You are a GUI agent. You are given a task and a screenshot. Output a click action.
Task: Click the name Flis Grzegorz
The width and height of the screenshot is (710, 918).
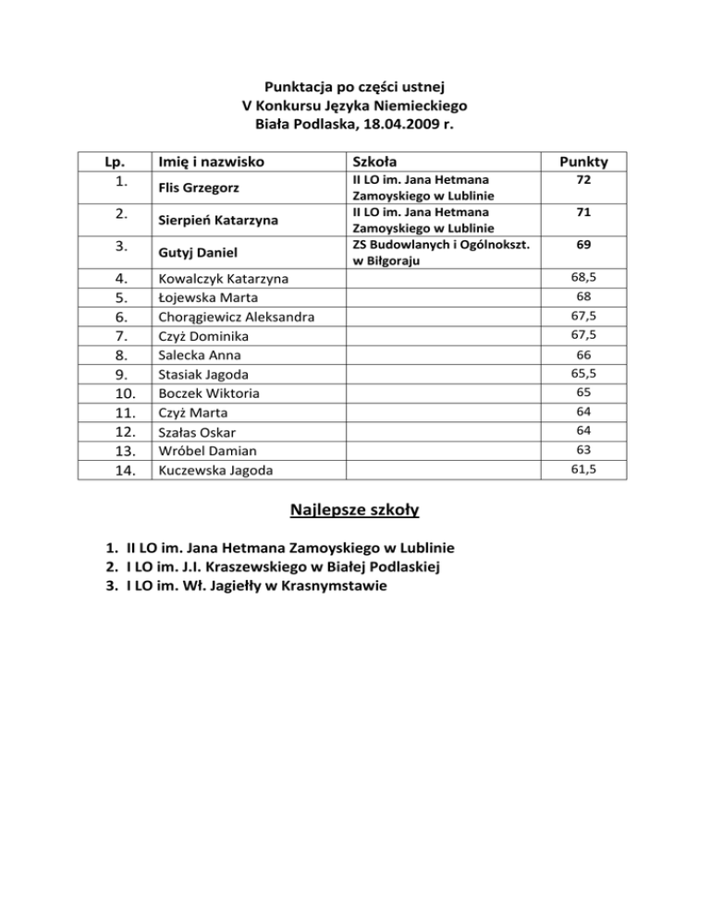click(197, 189)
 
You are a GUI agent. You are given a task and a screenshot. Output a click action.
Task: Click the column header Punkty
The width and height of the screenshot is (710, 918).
click(583, 163)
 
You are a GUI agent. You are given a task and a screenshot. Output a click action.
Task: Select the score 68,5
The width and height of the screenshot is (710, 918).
click(583, 277)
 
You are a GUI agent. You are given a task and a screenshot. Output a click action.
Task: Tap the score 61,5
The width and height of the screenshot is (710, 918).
click(583, 469)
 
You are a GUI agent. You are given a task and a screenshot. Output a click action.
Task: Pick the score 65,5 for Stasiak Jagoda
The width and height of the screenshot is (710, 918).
click(583, 373)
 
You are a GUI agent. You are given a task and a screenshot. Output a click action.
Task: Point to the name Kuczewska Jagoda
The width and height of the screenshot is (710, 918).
click(216, 470)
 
